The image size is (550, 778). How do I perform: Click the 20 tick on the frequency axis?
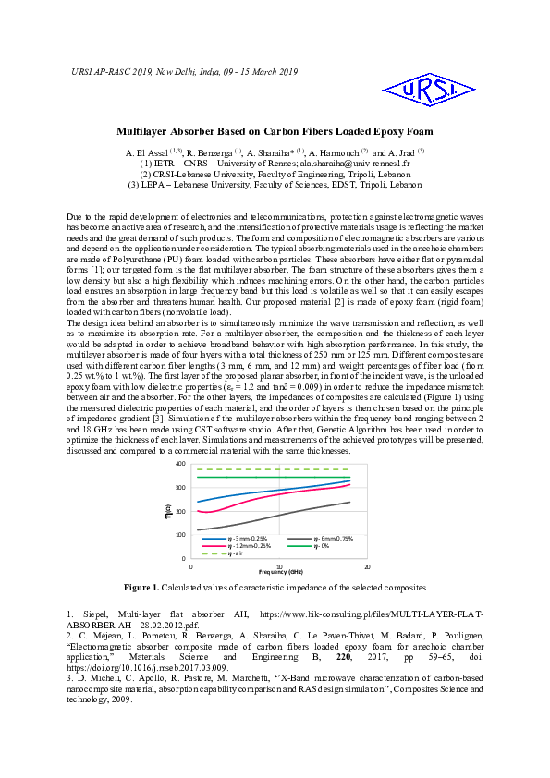pos(368,566)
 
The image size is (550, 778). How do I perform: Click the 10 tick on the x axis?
pos(279,566)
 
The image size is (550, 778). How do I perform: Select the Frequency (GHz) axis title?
pos(279,573)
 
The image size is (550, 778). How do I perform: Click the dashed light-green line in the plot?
pos(277,469)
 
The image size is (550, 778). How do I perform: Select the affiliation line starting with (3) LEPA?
pos(275,184)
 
